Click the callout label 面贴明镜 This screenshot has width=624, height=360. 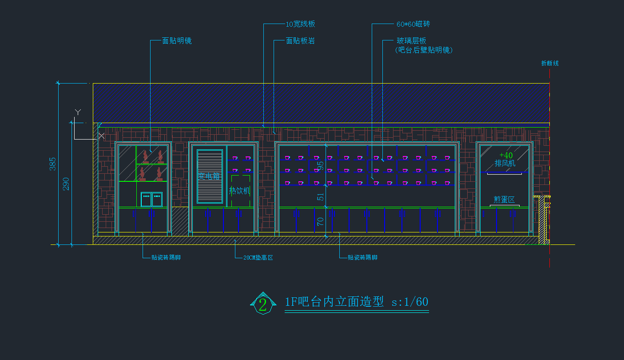[177, 41]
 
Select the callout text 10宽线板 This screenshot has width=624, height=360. [300, 24]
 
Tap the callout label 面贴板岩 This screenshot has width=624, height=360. [300, 41]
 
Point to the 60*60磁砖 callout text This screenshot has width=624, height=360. [413, 24]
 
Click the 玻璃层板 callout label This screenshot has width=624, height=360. [411, 41]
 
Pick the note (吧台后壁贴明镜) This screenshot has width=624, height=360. [424, 50]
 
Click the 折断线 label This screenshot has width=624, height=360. [550, 64]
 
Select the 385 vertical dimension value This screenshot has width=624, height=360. [53, 164]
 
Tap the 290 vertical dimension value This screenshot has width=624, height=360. [66, 184]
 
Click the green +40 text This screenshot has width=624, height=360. [506, 156]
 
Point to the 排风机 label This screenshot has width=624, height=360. [505, 164]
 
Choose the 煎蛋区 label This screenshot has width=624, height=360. [504, 200]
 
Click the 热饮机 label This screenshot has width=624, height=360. [239, 191]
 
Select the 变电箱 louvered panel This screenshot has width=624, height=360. [210, 176]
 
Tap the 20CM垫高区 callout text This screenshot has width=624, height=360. [258, 258]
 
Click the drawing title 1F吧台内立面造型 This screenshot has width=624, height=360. [334, 302]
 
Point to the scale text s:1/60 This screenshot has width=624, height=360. [409, 302]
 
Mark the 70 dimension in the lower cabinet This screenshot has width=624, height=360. [321, 220]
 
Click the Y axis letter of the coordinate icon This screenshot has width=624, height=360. [78, 112]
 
